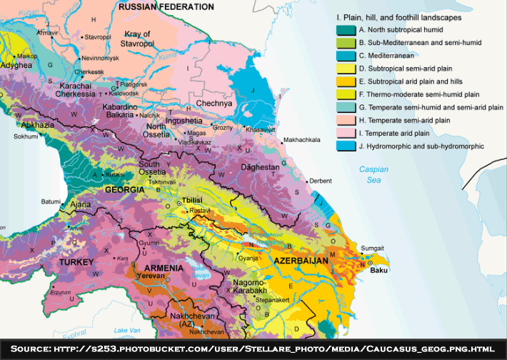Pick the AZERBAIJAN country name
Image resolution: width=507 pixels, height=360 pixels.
click(300, 261)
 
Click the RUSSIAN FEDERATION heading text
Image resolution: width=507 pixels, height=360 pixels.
click(166, 6)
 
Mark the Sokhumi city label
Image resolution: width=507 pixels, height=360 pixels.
click(26, 135)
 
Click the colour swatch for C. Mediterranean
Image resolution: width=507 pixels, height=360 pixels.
click(346, 56)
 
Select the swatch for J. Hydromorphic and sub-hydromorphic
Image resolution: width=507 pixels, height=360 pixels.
click(346, 146)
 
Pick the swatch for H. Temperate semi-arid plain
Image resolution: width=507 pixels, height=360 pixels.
click(346, 120)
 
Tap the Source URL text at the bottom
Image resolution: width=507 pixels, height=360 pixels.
click(253, 349)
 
